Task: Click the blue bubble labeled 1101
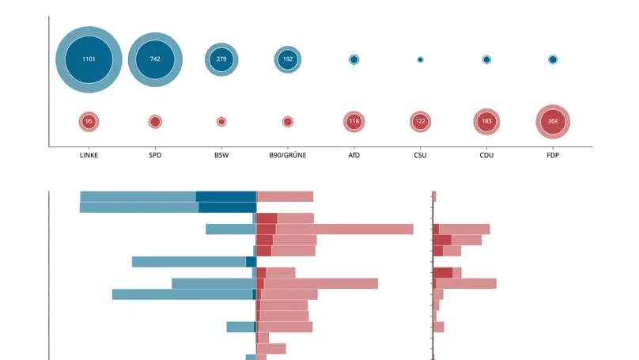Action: [89, 59]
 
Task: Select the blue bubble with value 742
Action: [155, 59]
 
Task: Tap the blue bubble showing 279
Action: [221, 59]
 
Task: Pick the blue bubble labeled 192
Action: [288, 59]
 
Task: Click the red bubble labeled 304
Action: [553, 122]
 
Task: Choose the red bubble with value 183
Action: [486, 122]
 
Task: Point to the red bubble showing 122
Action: [420, 122]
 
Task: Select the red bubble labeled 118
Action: [354, 122]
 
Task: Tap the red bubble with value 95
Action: [89, 122]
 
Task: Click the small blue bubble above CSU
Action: [420, 59]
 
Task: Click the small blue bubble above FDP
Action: [553, 59]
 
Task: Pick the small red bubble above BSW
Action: [221, 122]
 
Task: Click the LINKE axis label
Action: [89, 155]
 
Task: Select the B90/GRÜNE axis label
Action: [288, 155]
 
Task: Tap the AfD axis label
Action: [354, 155]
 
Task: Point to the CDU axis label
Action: [486, 155]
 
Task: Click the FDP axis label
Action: [553, 155]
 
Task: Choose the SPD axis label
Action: [155, 155]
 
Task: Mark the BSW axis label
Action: [221, 155]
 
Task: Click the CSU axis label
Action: [420, 155]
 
